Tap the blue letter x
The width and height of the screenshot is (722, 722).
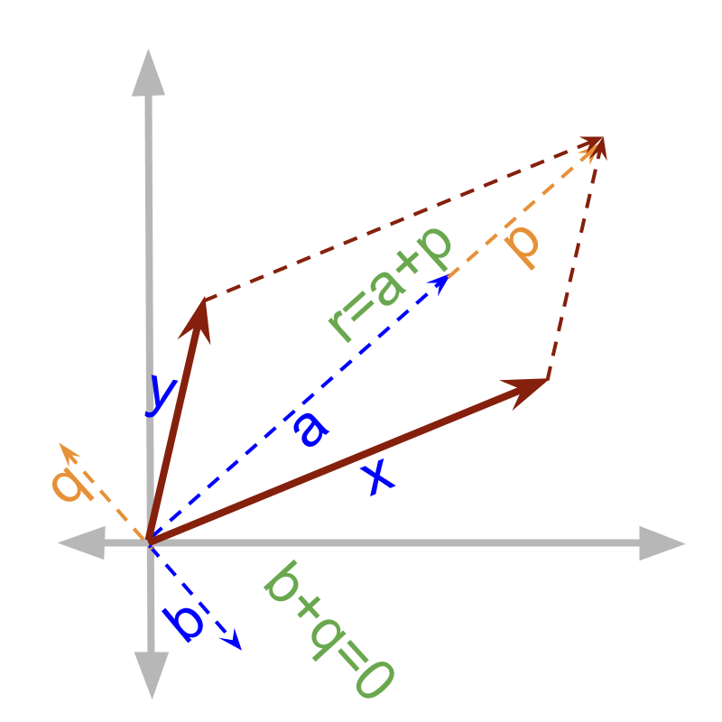click(379, 476)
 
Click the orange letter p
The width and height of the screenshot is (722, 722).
click(522, 245)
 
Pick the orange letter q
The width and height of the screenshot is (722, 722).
click(72, 485)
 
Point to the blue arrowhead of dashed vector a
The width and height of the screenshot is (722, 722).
click(440, 282)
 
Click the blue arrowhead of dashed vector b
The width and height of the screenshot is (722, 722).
click(234, 640)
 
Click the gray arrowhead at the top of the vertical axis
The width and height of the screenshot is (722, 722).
click(148, 72)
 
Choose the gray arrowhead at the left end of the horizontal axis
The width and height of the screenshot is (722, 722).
click(79, 543)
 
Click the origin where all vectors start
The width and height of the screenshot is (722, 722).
click(149, 541)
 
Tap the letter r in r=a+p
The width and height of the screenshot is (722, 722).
click(340, 327)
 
